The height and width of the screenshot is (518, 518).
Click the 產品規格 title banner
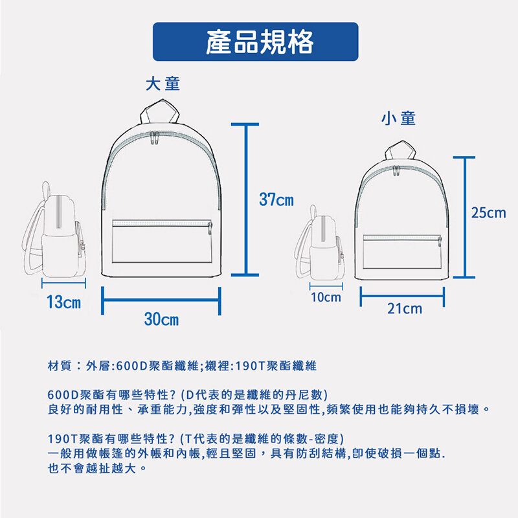click(255, 41)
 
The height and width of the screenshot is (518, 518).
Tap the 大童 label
click(163, 84)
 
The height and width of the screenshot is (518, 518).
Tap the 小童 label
click(398, 118)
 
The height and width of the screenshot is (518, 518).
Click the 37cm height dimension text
click(276, 199)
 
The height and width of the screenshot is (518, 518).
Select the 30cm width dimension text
click(161, 319)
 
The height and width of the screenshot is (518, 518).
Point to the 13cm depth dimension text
click(63, 302)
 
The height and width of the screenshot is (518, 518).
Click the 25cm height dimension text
click(489, 213)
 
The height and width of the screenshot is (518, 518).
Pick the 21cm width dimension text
click(405, 309)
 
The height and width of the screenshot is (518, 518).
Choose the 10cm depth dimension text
click(326, 297)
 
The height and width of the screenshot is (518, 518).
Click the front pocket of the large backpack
click(162, 242)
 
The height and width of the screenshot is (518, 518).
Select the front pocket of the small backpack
click(402, 252)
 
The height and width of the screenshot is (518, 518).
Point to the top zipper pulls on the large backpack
click(154, 138)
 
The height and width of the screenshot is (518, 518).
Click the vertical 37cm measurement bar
click(245, 199)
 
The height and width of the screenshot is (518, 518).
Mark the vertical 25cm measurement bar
click(464, 218)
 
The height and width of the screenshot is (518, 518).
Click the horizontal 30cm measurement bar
click(161, 300)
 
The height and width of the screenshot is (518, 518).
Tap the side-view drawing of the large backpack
click(54, 230)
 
